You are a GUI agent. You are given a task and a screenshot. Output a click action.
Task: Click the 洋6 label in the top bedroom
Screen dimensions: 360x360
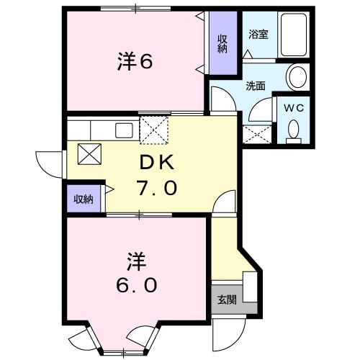pyautogui.click(x=135, y=62)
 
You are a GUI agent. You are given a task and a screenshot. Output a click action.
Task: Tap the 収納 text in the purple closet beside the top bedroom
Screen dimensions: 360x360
pyautogui.click(x=222, y=43)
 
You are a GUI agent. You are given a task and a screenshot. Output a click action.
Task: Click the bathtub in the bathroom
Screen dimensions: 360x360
pyautogui.click(x=293, y=34)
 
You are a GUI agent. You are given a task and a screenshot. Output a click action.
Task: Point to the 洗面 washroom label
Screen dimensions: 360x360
pyautogui.click(x=256, y=86)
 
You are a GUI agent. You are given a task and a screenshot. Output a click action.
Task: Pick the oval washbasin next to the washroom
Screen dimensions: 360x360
pyautogui.click(x=297, y=76)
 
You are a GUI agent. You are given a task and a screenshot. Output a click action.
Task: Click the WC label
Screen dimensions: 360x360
pyautogui.click(x=293, y=107)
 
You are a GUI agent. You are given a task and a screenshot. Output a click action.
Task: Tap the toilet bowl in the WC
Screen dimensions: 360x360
pyautogui.click(x=294, y=128)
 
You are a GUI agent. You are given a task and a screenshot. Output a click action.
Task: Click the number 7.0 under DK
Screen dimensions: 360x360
pyautogui.click(x=156, y=189)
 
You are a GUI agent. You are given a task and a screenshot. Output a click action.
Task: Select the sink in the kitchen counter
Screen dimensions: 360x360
pyautogui.click(x=124, y=131)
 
